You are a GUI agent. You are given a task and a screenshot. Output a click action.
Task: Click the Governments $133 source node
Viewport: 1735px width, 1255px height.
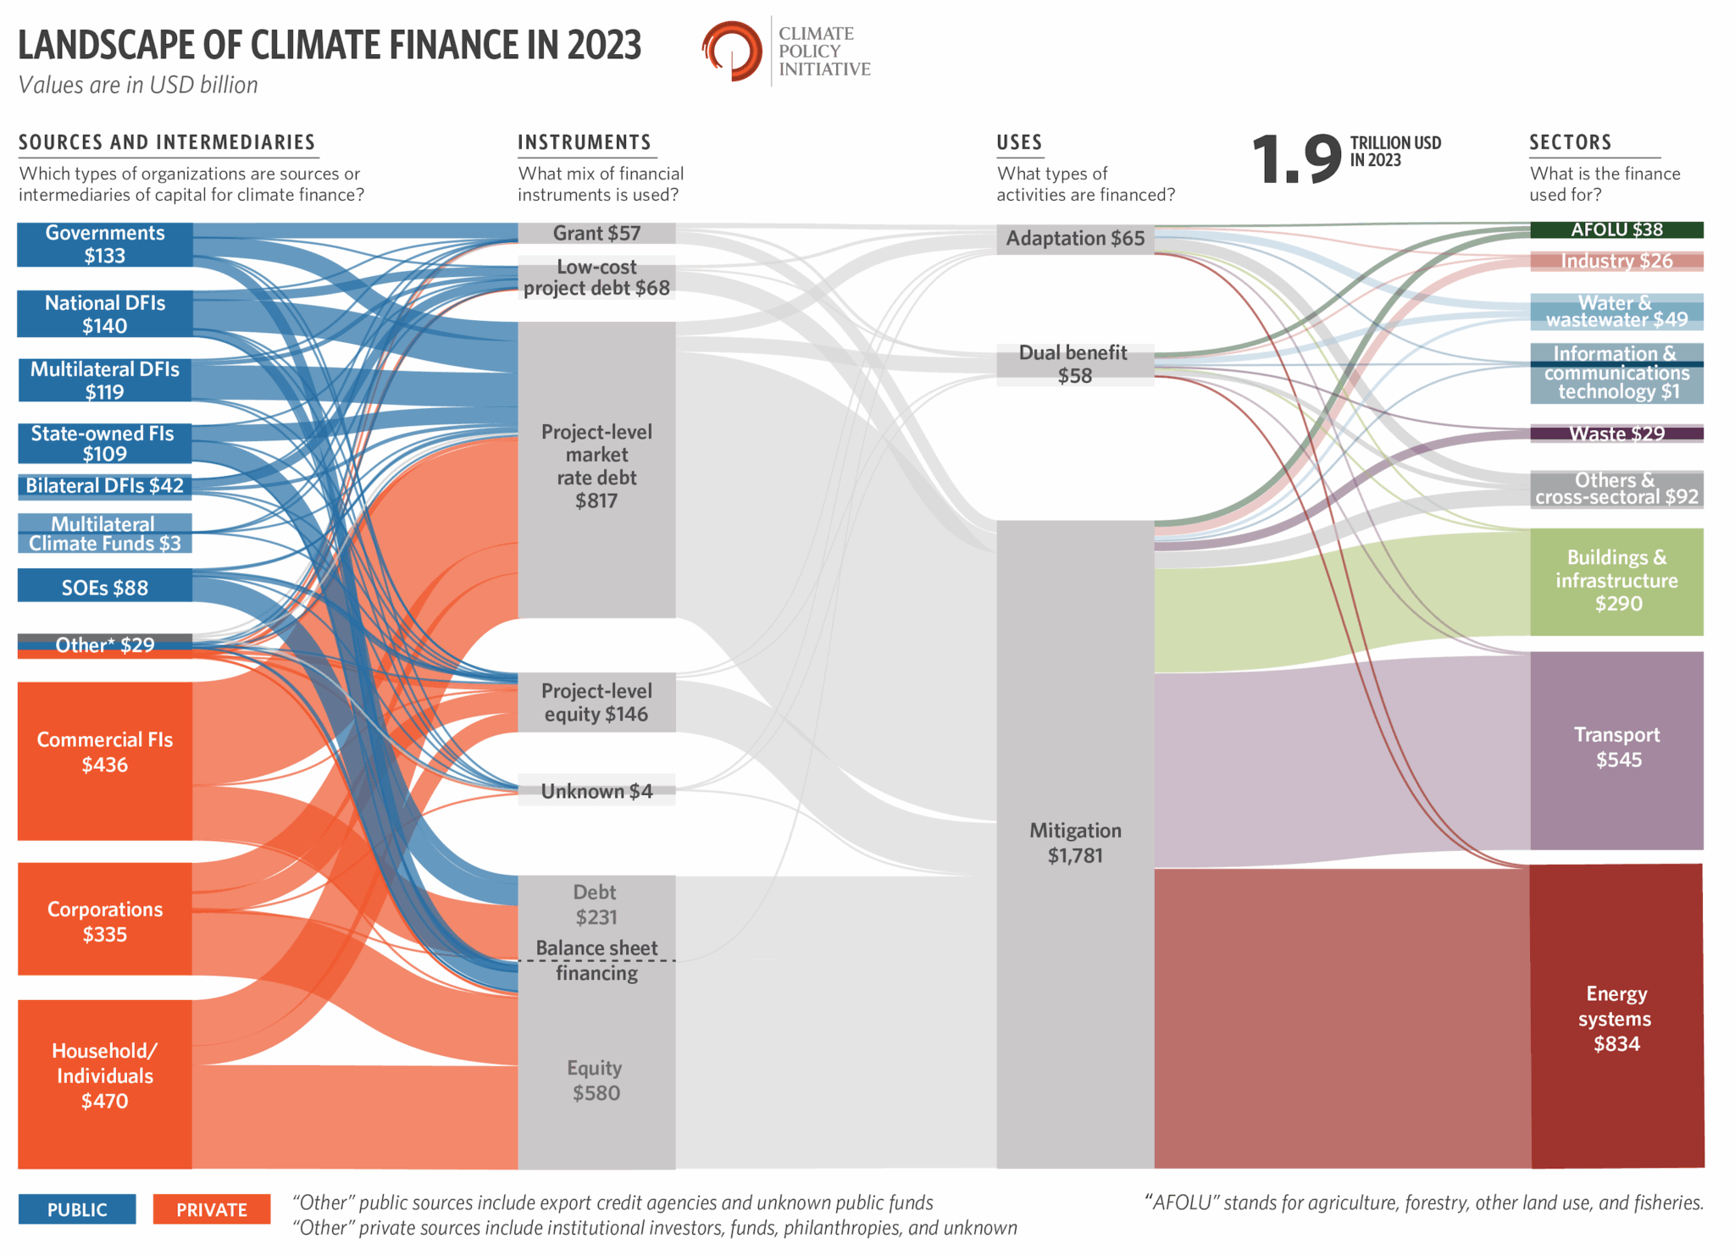click(105, 244)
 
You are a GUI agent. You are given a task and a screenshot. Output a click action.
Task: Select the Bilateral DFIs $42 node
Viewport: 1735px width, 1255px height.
click(105, 486)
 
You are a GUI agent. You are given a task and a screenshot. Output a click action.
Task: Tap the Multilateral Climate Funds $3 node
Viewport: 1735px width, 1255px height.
click(105, 534)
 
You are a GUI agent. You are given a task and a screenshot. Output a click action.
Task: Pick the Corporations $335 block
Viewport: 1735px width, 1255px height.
click(105, 921)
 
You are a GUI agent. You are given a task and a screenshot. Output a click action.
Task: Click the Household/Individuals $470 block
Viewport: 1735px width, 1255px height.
click(105, 1075)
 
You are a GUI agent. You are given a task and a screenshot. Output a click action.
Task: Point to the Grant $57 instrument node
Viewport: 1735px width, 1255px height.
click(596, 233)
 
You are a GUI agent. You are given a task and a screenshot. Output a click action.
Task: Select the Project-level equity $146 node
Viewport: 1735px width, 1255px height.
click(596, 702)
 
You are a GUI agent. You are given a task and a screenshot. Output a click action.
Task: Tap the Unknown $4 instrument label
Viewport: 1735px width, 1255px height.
click(596, 791)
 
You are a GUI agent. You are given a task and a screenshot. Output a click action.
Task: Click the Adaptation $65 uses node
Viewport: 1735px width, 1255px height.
click(1075, 239)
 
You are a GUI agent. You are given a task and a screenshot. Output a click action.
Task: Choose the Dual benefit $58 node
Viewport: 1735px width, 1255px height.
click(1075, 364)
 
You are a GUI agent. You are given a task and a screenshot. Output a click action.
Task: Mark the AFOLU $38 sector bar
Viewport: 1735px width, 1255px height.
click(1616, 229)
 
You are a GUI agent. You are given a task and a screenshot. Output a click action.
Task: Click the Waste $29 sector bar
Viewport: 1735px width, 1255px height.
click(1616, 434)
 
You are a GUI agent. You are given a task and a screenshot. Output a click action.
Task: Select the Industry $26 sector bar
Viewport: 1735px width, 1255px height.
click(1616, 261)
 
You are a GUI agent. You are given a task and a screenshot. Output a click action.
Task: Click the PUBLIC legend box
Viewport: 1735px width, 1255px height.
click(77, 1209)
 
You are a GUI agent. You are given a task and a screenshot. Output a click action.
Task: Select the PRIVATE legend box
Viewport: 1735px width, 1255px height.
click(212, 1209)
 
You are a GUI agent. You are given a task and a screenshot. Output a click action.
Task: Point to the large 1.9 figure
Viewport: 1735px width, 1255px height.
click(1296, 159)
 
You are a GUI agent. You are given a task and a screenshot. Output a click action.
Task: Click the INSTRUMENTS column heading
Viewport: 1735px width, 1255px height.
click(585, 142)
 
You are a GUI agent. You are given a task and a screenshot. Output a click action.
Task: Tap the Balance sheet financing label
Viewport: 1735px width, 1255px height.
click(596, 960)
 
